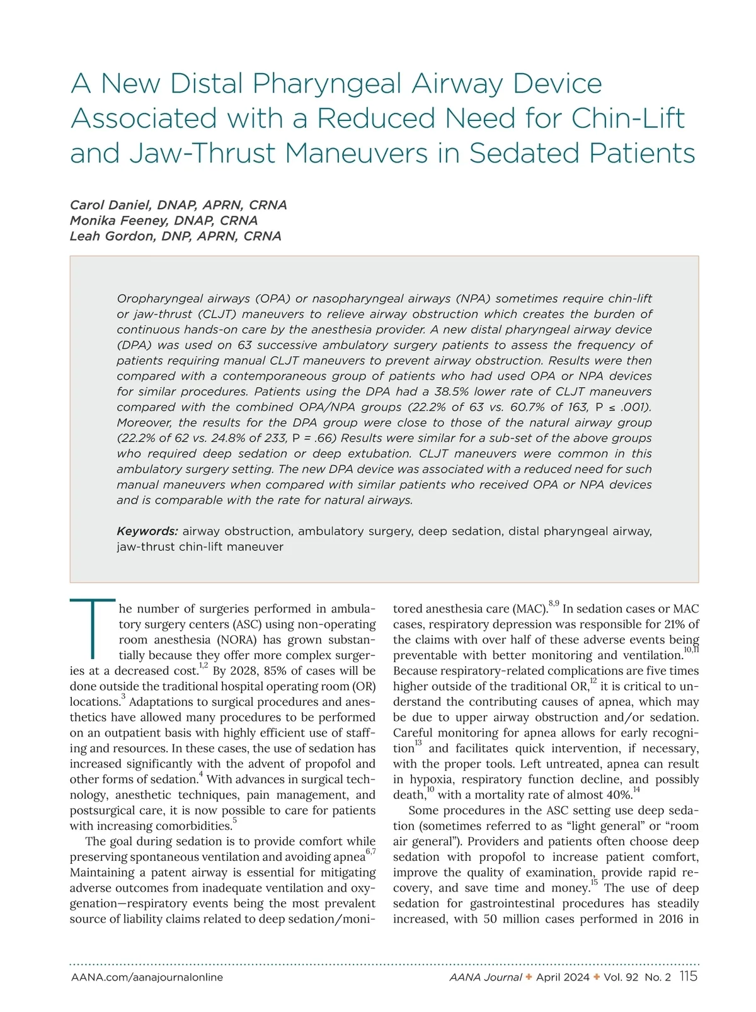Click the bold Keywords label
tap(147, 531)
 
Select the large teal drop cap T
tap(93, 627)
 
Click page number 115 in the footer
tap(689, 977)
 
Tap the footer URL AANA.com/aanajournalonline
tap(147, 977)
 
